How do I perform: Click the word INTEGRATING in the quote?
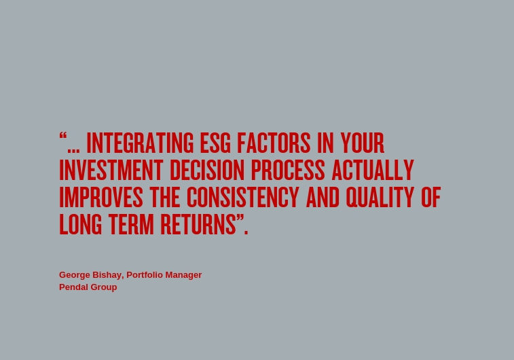click(140, 143)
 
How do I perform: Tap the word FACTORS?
click(274, 143)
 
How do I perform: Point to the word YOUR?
click(362, 143)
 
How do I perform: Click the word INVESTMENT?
click(111, 170)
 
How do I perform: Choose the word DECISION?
click(207, 170)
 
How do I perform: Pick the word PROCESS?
click(288, 170)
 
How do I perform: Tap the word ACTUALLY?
click(373, 170)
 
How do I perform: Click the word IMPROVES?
click(101, 197)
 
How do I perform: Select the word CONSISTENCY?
click(243, 197)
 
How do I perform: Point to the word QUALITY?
click(380, 197)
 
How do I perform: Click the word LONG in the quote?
click(81, 224)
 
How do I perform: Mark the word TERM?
click(131, 224)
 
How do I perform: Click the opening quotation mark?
click(63, 136)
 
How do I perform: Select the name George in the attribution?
click(75, 275)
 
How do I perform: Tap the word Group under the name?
click(104, 287)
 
